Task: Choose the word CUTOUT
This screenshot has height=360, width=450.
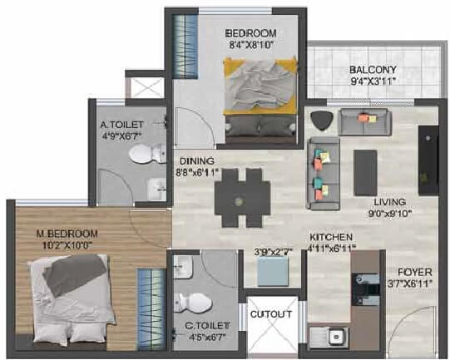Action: click(271, 314)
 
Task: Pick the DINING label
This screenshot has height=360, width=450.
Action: click(196, 161)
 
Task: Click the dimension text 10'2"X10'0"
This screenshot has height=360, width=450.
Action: click(69, 244)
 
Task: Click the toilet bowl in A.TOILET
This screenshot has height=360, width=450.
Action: click(149, 155)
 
